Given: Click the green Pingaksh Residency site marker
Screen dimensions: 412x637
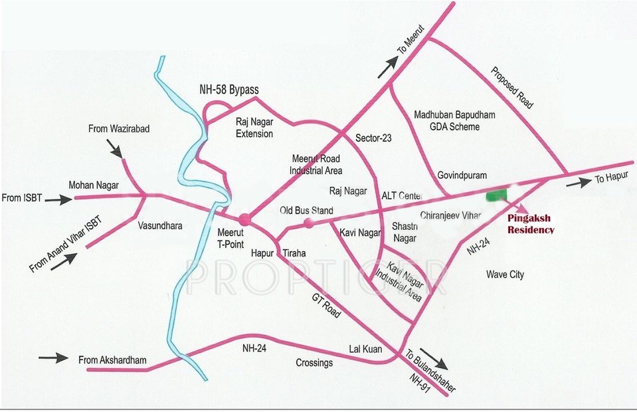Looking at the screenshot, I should coord(496,195).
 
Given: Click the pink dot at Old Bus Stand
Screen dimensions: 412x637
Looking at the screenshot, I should coord(308,223).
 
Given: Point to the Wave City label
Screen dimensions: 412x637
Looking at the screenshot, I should coord(505,274).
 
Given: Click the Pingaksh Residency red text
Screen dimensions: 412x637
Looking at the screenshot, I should coord(531,224).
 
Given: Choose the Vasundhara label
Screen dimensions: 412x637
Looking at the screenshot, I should coord(159,226).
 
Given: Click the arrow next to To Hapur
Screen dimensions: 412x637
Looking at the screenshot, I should coord(578,183).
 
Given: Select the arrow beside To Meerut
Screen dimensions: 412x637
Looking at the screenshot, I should coord(389,64).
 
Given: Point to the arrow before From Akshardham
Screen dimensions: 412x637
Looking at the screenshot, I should coord(53,358).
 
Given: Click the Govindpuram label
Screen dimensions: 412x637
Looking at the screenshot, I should coord(462,175).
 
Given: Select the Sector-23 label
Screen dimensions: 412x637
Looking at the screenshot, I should coord(374,139).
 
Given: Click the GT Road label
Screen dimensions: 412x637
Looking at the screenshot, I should coord(326,306).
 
